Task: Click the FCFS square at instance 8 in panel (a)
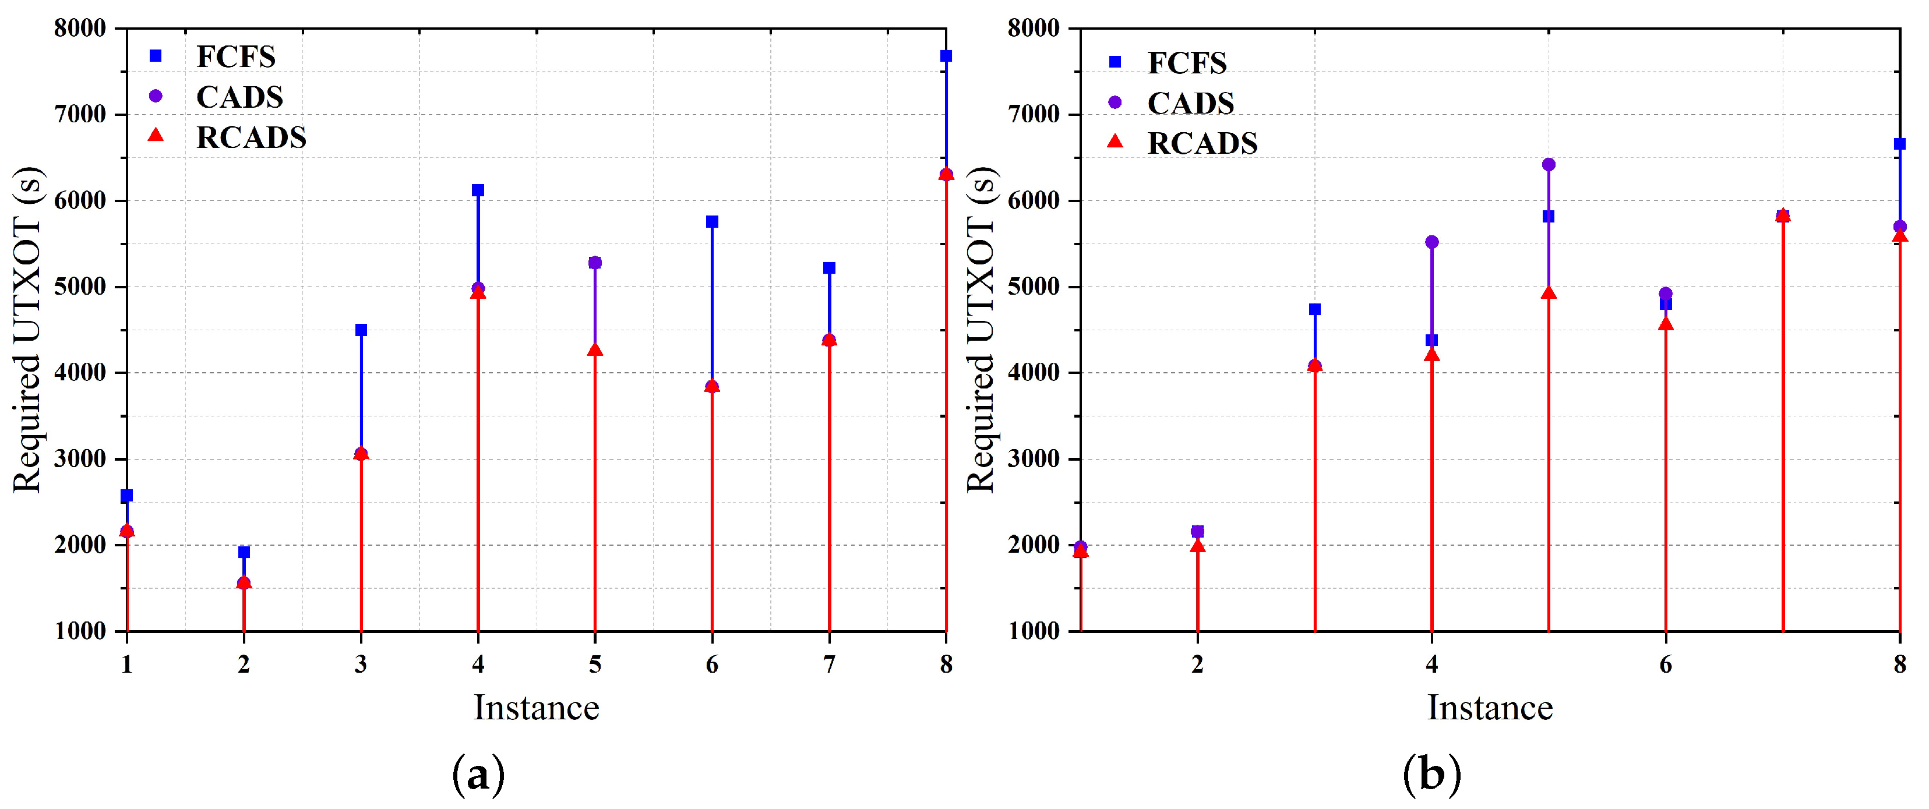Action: (x=946, y=56)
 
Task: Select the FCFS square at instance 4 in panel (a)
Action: (x=478, y=190)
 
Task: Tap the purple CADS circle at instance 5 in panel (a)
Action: (x=595, y=263)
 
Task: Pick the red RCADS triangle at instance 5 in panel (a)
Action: (x=595, y=350)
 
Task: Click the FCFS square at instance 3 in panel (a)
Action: (x=361, y=330)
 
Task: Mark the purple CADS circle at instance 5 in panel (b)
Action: (x=1549, y=165)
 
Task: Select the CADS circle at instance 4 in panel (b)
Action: (x=1432, y=242)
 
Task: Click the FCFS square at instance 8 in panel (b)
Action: (x=1899, y=144)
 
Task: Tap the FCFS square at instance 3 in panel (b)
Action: (x=1315, y=309)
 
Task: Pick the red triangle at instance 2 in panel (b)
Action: (x=1197, y=546)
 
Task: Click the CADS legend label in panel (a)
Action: (x=239, y=97)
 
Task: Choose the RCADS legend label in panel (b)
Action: (x=1202, y=143)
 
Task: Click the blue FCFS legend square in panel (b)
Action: (x=1115, y=62)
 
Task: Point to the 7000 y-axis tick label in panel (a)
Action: (x=80, y=115)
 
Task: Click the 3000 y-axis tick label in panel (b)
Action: (x=1034, y=459)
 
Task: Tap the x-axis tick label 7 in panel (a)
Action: (x=829, y=664)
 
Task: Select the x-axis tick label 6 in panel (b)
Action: (x=1666, y=664)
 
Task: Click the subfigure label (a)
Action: (x=478, y=775)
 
